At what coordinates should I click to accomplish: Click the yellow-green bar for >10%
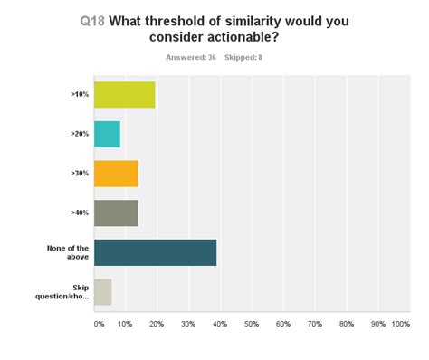point(124,94)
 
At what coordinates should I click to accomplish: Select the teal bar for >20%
point(107,134)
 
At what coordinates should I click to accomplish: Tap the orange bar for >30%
point(116,173)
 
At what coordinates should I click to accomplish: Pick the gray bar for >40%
point(116,213)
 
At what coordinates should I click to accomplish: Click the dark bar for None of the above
point(155,252)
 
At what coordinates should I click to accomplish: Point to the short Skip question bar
point(102,291)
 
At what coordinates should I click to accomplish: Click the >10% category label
point(81,94)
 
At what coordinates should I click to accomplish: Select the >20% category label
point(81,134)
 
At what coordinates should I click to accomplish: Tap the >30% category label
point(81,173)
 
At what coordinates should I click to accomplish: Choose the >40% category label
point(81,213)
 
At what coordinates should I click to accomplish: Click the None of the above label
point(68,252)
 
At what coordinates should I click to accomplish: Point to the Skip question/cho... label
point(68,291)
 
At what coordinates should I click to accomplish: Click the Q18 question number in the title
point(91,21)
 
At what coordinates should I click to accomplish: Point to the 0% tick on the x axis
point(99,323)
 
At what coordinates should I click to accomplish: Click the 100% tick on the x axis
point(401,323)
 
